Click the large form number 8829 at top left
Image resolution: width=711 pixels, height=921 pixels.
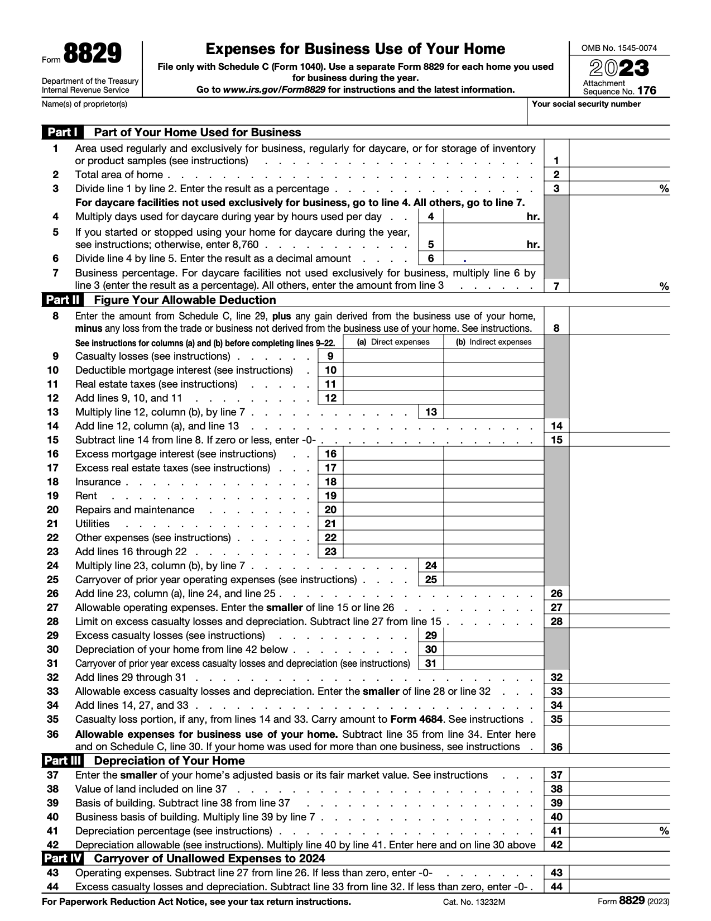click(x=92, y=55)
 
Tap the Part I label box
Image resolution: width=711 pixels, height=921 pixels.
click(x=62, y=132)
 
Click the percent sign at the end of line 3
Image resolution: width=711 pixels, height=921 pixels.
click(x=664, y=189)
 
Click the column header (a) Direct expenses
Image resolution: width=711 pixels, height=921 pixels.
click(x=393, y=342)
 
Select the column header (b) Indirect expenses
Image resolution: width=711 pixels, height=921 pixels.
click(x=493, y=342)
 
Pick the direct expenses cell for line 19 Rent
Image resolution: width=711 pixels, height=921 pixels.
click(x=393, y=496)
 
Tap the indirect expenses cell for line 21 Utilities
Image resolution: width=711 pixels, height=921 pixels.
click(x=493, y=524)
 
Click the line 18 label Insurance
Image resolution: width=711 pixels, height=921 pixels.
click(x=98, y=482)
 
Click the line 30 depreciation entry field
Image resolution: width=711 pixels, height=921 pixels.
click(x=493, y=650)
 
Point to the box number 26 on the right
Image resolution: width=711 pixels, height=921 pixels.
click(x=556, y=594)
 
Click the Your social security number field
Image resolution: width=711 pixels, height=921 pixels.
click(x=598, y=114)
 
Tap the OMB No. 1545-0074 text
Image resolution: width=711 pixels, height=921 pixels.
click(x=619, y=48)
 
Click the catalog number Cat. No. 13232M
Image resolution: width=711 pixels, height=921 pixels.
click(x=474, y=902)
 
